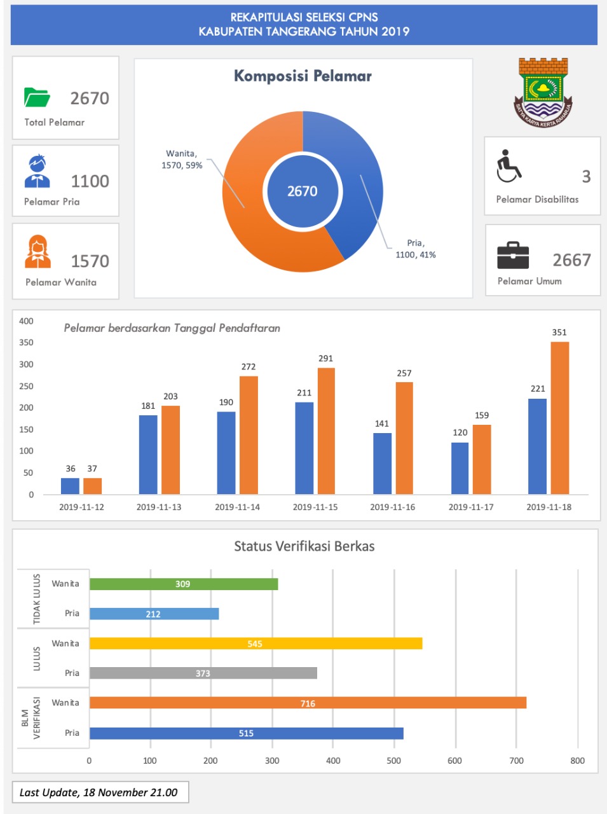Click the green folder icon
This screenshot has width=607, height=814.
tap(37, 97)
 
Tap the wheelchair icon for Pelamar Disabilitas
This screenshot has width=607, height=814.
tap(508, 166)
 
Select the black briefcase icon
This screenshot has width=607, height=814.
tap(513, 256)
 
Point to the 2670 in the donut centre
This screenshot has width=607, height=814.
tap(303, 191)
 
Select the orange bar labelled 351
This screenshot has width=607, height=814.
tap(559, 418)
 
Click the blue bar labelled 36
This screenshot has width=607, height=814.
tap(70, 486)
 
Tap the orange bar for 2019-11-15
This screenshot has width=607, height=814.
tap(326, 431)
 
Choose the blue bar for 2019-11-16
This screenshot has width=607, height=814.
tap(382, 463)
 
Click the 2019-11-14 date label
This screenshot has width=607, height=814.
tap(237, 507)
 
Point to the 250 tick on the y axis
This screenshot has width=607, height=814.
tap(26, 386)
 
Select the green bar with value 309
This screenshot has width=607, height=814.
tap(184, 584)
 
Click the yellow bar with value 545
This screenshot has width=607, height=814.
tap(256, 644)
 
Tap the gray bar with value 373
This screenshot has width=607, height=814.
tap(203, 673)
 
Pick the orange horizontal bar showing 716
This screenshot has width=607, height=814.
tap(308, 703)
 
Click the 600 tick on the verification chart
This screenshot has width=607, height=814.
tap(454, 761)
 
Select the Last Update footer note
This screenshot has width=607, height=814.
tap(100, 792)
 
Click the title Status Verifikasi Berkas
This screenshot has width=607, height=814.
tap(304, 546)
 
